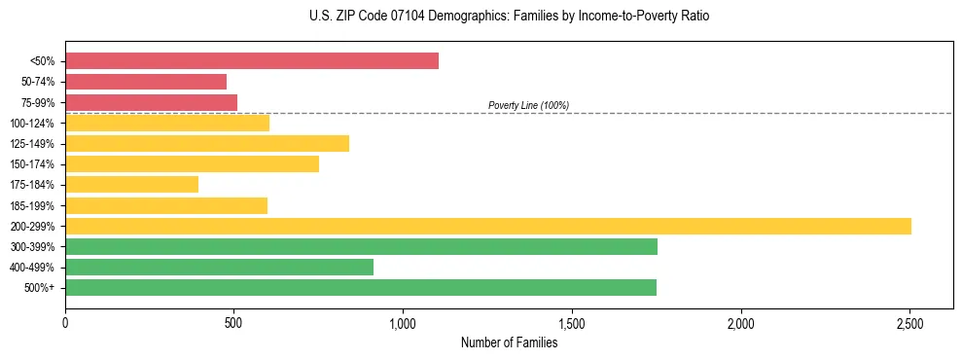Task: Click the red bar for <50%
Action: pos(251,61)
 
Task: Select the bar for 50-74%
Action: pos(146,82)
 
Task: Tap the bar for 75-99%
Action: pos(151,102)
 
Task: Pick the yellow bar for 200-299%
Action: pos(487,226)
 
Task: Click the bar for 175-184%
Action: pos(131,185)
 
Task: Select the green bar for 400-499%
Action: pos(219,267)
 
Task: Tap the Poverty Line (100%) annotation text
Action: pos(528,105)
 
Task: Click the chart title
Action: pos(481,17)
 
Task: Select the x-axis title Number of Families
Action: pos(509,342)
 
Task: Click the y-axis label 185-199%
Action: pos(32,205)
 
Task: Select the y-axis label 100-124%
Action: pos(32,124)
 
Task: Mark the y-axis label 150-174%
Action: pos(32,164)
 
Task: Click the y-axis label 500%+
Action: pos(39,288)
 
